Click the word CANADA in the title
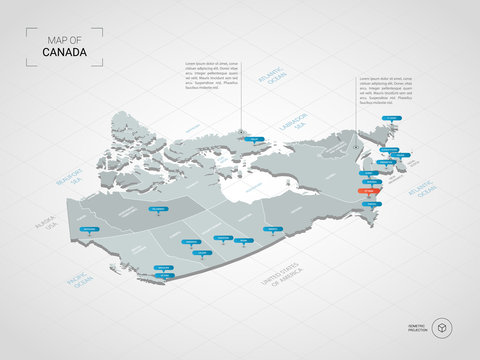coord(64,51)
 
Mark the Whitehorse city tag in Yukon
coord(93,227)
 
